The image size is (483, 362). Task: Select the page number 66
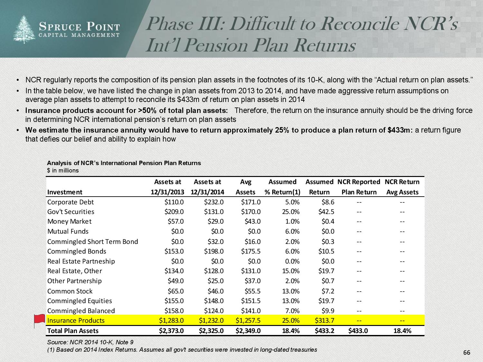pos(467,353)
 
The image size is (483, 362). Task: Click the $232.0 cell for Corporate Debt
pos(214,202)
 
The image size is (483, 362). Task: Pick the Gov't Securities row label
pos(71,212)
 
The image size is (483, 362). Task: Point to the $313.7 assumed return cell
pos(324,320)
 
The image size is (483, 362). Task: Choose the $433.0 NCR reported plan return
pos(358,331)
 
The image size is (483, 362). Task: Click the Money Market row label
pos(69,221)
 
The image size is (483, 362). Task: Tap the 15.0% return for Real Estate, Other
pos(291,271)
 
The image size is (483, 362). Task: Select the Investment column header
pos(65,192)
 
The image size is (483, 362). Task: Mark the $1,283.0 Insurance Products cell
pos(171,320)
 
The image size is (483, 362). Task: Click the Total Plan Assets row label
pos(73,331)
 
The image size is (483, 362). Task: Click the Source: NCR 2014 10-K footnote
pos(90,342)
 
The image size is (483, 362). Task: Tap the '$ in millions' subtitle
pos(63,171)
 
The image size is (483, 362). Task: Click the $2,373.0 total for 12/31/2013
pos(171,331)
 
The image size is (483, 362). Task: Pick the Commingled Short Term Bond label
pos(93,242)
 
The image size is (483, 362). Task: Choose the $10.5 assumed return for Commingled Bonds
pos(326,251)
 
